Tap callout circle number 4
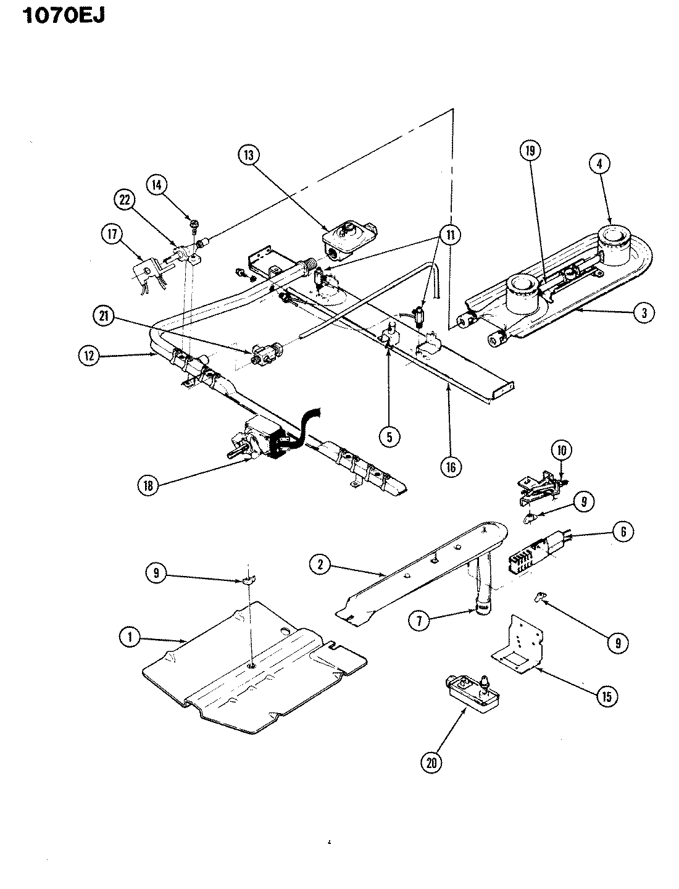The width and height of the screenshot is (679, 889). point(599,164)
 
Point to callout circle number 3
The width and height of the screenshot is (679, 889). point(644,313)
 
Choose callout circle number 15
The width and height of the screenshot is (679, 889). point(606,696)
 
